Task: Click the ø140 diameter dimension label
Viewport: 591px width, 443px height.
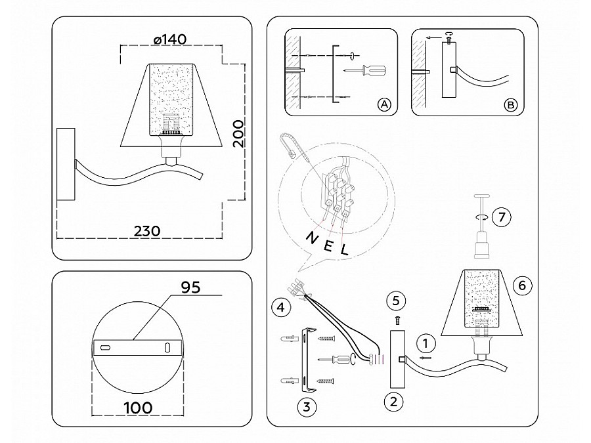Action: point(169,39)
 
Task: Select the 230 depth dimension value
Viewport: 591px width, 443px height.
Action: point(148,231)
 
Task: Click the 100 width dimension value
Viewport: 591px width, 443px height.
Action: point(138,408)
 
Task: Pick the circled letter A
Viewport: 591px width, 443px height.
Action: point(385,105)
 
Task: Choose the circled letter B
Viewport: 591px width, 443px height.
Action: point(511,105)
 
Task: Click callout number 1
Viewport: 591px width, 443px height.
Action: point(426,342)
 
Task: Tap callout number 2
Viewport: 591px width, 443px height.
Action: point(393,401)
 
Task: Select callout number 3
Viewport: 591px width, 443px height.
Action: point(306,406)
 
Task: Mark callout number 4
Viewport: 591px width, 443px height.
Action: point(280,306)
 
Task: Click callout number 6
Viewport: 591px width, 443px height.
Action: point(523,285)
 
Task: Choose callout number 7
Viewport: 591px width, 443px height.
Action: point(502,217)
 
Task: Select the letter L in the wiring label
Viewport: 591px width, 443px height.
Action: point(343,250)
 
